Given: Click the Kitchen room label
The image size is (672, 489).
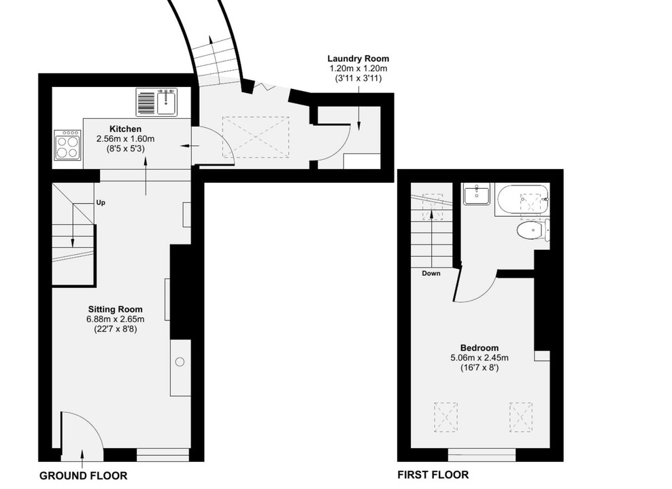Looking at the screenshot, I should click(126, 128).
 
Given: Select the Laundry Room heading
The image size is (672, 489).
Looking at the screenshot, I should click(358, 59).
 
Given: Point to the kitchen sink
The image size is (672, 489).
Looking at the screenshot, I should click(167, 103).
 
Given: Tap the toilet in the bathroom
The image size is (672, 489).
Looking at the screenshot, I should click(533, 232).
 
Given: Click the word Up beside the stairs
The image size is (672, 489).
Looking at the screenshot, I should click(100, 202).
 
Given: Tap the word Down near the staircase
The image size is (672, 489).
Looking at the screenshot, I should click(431, 274).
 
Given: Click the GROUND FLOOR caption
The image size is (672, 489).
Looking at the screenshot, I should click(83, 475).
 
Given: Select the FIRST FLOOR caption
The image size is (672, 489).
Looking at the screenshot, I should click(433, 475).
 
